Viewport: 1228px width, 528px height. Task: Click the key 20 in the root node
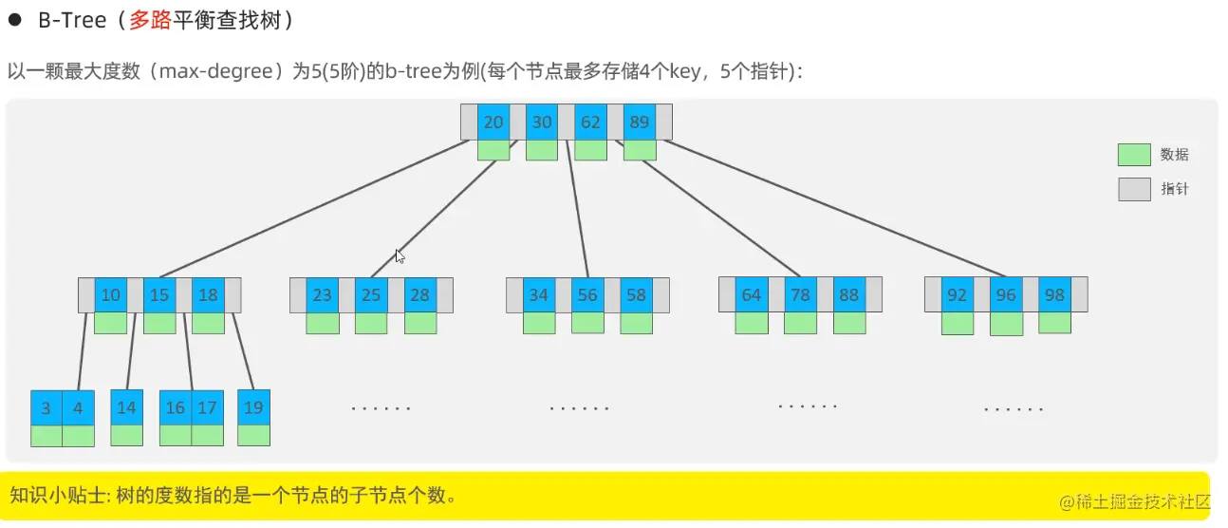pos(493,122)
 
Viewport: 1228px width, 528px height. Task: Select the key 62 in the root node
pos(590,122)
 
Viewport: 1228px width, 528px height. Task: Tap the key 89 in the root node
pos(639,122)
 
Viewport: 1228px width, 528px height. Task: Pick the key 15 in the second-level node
pos(159,294)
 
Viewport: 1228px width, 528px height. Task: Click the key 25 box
pos(371,294)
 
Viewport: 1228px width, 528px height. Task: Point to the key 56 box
pos(587,294)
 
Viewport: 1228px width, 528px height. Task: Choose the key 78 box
pos(800,294)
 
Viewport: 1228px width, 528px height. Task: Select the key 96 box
pos(1006,294)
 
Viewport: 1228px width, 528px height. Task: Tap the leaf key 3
pos(47,407)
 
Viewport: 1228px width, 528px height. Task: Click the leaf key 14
pos(126,407)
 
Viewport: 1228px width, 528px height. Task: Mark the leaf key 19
pos(253,407)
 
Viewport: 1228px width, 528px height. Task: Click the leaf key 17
pos(207,407)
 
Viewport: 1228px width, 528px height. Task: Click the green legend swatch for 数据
pos(1134,155)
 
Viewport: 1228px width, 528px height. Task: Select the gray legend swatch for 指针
pos(1134,189)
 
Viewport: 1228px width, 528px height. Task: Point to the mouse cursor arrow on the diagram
pos(400,255)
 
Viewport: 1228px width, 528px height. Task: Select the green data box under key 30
pos(542,150)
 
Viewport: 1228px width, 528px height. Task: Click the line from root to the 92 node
pos(835,209)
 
